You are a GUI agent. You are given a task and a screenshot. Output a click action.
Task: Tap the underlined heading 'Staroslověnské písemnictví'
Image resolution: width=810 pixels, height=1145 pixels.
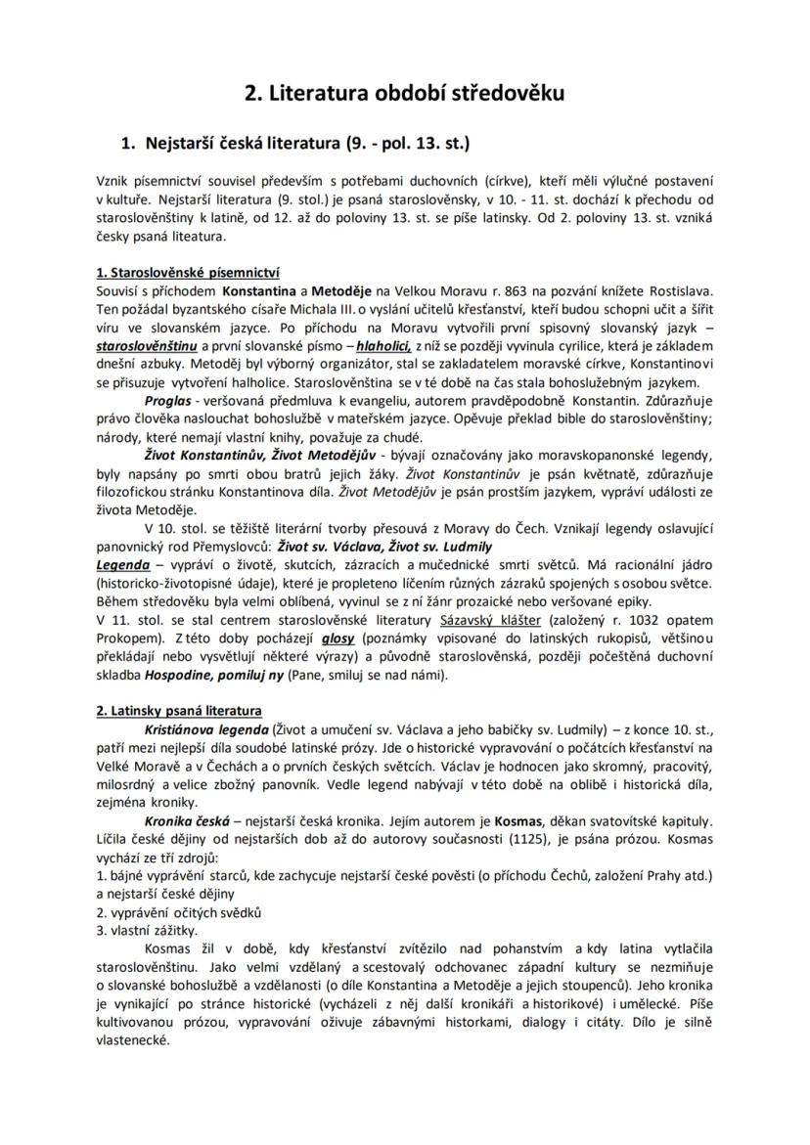[188, 273]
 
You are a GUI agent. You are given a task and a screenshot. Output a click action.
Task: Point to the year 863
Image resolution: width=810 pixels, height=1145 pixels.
[528, 291]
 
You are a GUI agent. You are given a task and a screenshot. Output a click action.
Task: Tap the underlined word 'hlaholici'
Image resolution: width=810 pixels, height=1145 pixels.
[382, 346]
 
